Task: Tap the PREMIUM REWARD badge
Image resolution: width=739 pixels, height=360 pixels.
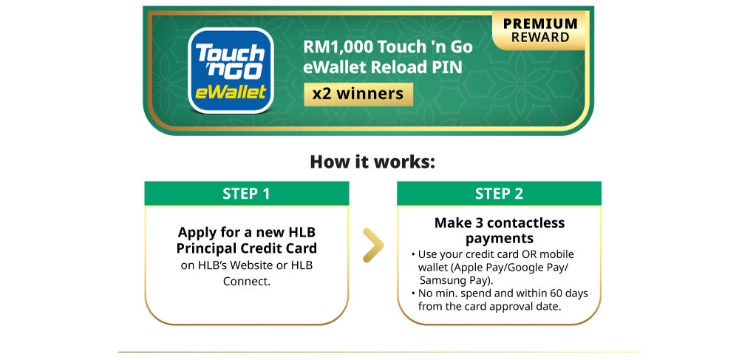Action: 540,30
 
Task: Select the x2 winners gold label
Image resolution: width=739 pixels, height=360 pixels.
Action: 358,94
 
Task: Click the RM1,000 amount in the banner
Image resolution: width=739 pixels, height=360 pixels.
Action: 337,47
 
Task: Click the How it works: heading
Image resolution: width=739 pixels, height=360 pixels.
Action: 372,161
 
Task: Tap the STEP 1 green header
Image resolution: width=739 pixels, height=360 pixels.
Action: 246,194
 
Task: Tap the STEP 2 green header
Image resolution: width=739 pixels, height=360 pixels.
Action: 499,194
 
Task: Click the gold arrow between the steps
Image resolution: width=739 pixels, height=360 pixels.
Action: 374,246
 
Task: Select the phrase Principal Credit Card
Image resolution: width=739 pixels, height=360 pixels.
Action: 246,248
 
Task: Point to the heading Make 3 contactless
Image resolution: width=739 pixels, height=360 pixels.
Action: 499,223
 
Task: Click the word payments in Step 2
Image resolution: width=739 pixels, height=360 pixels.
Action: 499,238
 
